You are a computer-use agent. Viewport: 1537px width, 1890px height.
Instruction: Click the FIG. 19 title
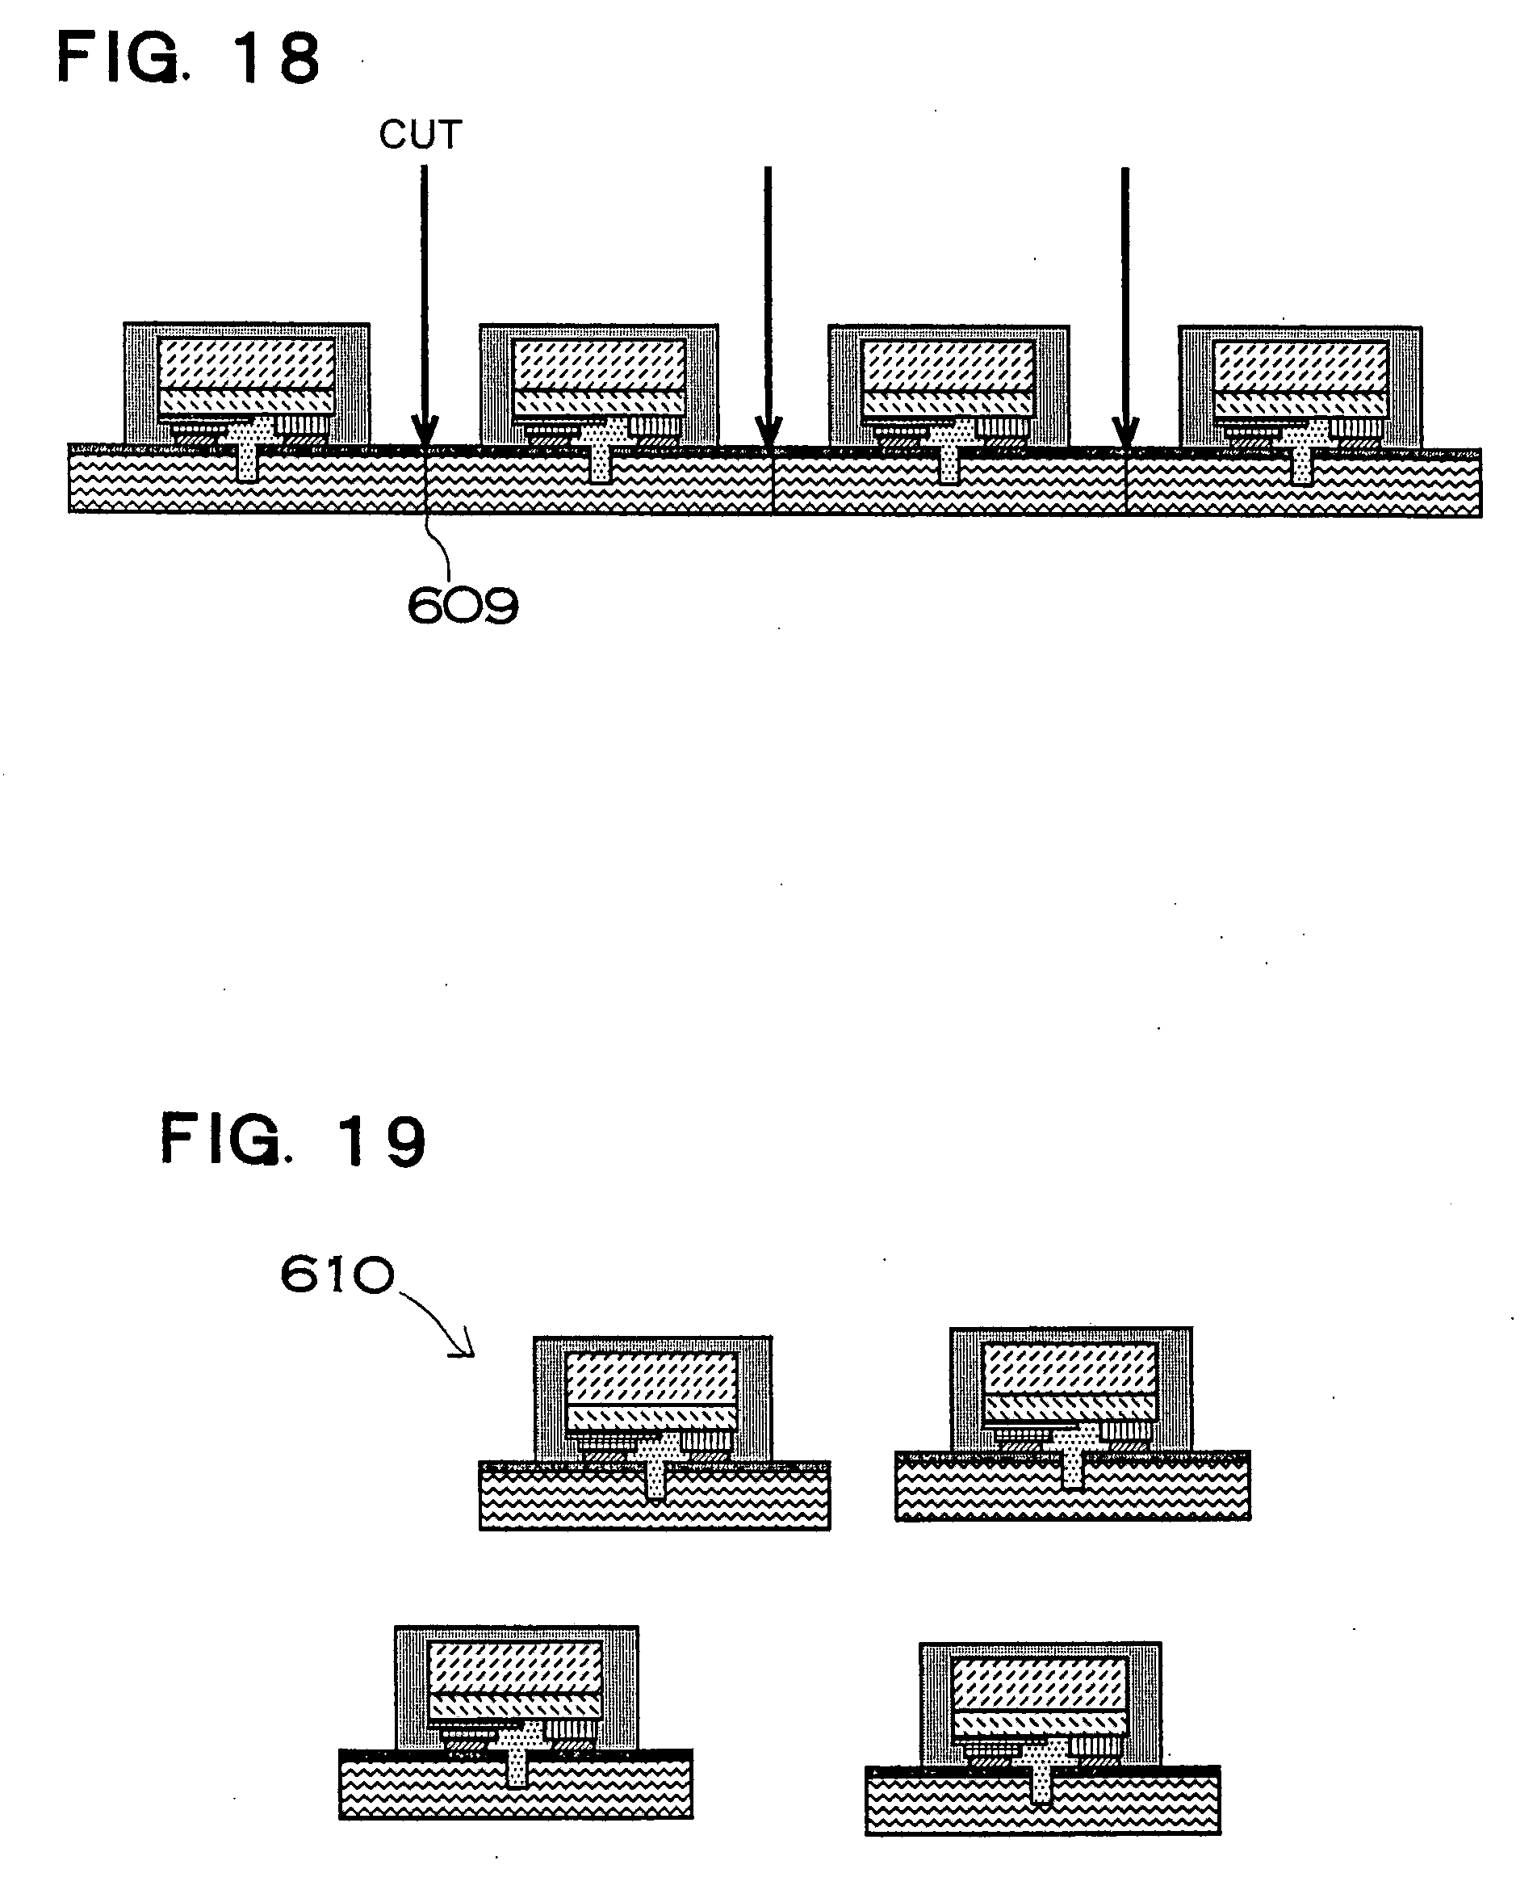(x=293, y=1140)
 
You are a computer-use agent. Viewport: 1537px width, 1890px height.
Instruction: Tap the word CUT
(x=421, y=136)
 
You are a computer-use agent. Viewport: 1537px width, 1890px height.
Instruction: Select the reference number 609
(x=463, y=607)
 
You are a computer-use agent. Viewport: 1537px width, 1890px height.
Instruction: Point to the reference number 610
(x=337, y=1276)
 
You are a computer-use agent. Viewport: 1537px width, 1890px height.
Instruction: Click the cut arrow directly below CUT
(x=424, y=301)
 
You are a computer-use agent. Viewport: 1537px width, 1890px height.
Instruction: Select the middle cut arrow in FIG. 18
(x=768, y=301)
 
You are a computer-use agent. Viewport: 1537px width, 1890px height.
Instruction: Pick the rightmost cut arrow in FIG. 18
(x=1125, y=301)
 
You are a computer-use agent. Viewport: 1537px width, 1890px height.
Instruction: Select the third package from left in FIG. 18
(x=949, y=386)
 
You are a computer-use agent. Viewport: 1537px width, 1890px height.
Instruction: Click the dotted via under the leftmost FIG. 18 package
(x=249, y=460)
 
